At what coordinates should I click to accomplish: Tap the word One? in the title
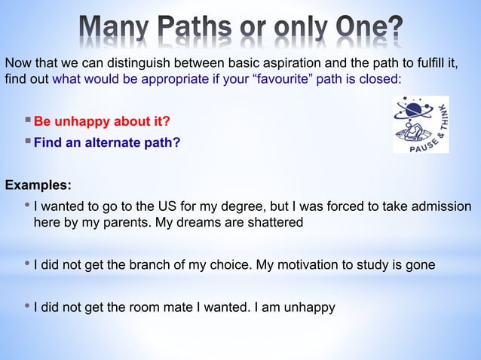365,31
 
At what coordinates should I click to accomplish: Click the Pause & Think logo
421,124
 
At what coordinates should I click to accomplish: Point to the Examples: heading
38,185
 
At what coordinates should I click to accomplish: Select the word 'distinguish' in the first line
126,62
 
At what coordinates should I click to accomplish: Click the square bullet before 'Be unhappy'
28,121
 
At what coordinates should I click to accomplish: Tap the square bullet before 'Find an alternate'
28,141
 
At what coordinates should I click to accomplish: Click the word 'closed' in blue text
379,78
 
